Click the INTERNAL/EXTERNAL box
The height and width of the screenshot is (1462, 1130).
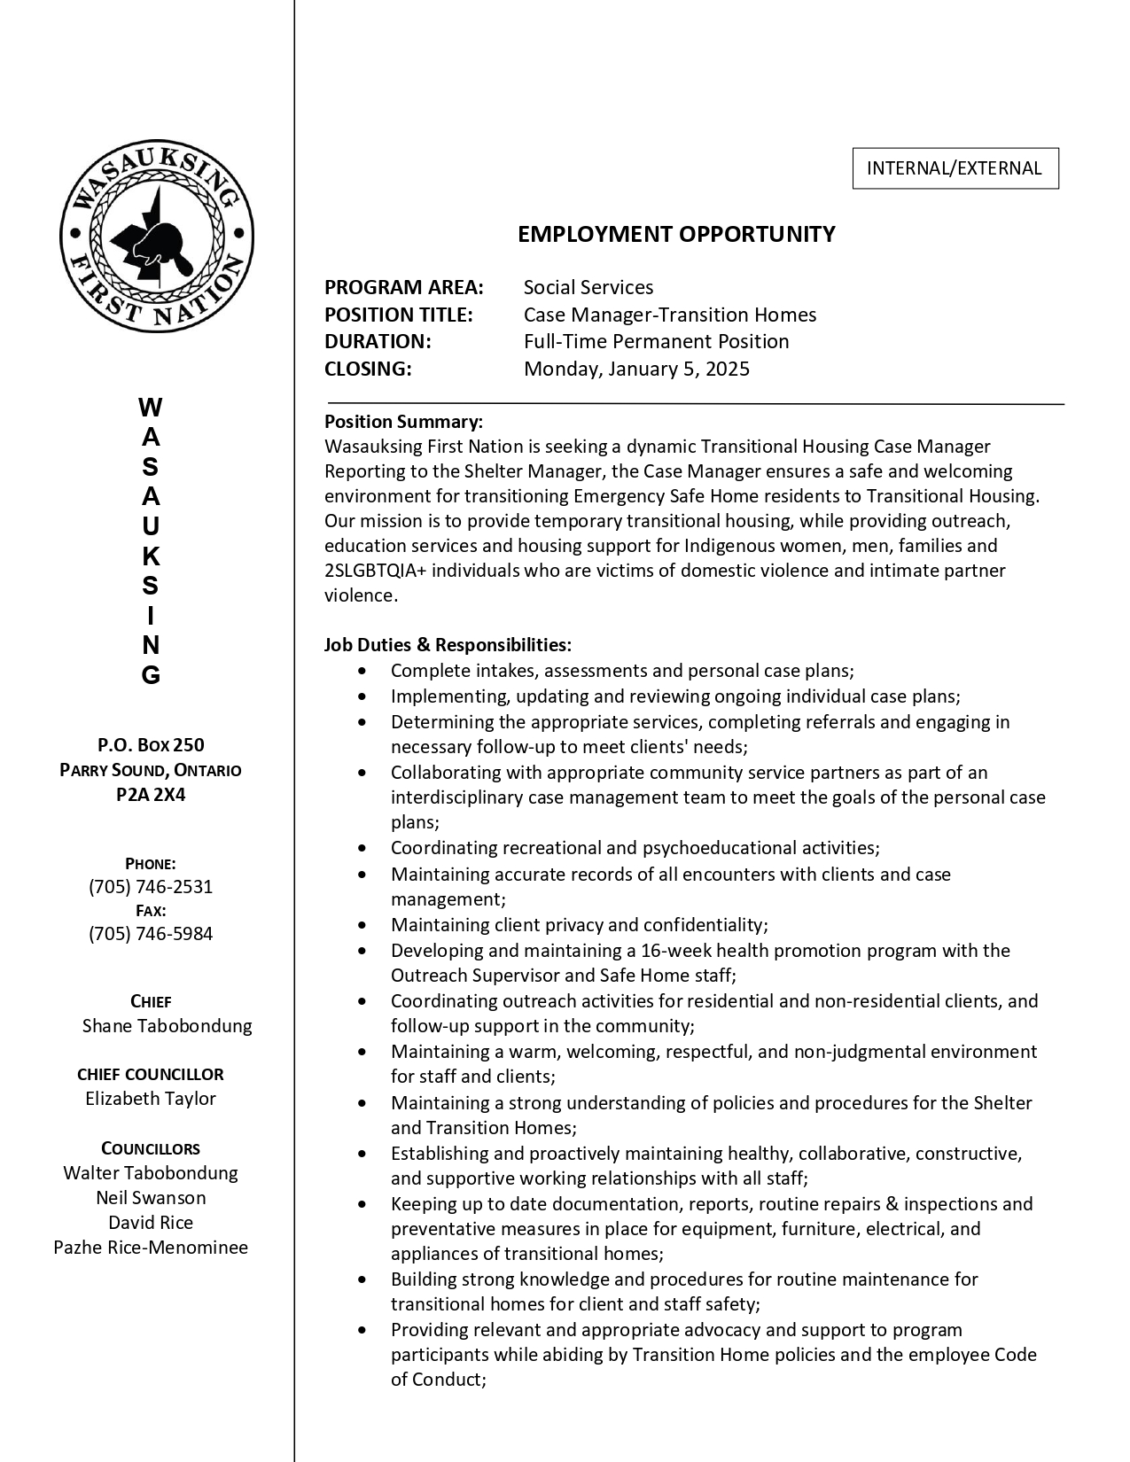[955, 168]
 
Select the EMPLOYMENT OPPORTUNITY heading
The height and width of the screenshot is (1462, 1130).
[676, 234]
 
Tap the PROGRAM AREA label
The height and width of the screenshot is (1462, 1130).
[404, 287]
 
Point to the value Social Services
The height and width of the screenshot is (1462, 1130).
[588, 287]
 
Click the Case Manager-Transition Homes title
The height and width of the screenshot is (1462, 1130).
[670, 315]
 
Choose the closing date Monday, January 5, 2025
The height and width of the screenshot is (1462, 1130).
[636, 369]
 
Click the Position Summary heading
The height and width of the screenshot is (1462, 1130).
[403, 421]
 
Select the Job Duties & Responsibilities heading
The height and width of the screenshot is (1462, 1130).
[448, 644]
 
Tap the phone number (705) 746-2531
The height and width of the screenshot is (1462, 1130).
[151, 887]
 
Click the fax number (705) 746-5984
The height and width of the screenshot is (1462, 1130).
[151, 934]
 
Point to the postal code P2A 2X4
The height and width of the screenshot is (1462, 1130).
[151, 795]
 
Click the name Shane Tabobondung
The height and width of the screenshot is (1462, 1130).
[167, 1026]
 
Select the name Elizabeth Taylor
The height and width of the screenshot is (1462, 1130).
[151, 1099]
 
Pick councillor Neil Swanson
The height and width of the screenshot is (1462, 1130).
[151, 1198]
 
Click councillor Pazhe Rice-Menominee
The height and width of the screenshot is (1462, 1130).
[151, 1248]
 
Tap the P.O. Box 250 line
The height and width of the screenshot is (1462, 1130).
[151, 745]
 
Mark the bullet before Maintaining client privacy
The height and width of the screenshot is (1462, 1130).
[362, 925]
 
